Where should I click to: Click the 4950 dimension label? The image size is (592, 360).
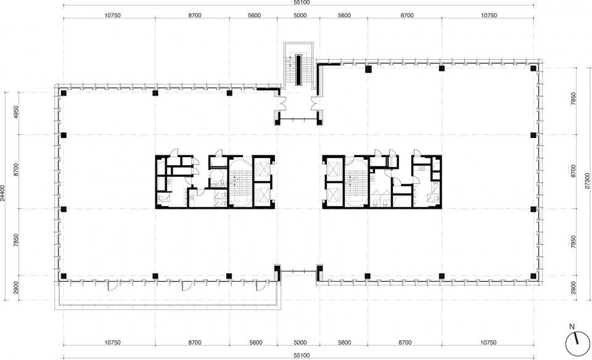[x=16, y=113]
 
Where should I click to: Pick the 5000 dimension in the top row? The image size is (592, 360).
[x=300, y=15]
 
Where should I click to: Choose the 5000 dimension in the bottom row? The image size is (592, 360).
[x=300, y=343]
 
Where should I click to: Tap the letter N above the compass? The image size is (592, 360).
[x=572, y=327]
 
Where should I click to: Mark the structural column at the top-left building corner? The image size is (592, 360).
[x=64, y=93]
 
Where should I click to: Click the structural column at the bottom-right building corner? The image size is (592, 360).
[x=533, y=276]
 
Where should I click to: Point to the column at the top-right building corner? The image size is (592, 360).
[x=533, y=68]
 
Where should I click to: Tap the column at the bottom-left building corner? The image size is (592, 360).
[x=64, y=276]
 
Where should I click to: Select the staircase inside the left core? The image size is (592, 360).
[x=237, y=182]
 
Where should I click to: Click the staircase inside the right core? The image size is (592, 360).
[x=353, y=182]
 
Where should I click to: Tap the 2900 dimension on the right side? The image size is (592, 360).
[x=574, y=288]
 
